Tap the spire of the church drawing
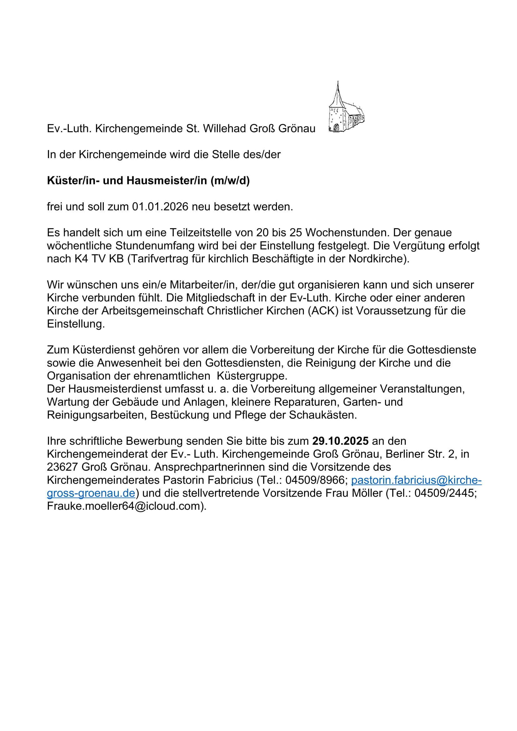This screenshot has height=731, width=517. pos(338,92)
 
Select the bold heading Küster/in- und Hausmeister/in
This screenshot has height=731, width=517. pos(148,181)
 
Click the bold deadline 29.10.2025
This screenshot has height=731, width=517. pos(340,441)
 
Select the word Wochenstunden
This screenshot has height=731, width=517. pos(347,233)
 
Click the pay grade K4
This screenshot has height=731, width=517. pos(82,259)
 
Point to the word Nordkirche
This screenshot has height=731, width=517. pos(376,259)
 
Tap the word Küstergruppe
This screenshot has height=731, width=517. pos(252,376)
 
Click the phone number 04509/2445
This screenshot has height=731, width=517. pos(444,493)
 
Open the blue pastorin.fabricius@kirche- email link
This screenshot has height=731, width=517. pos(416,480)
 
